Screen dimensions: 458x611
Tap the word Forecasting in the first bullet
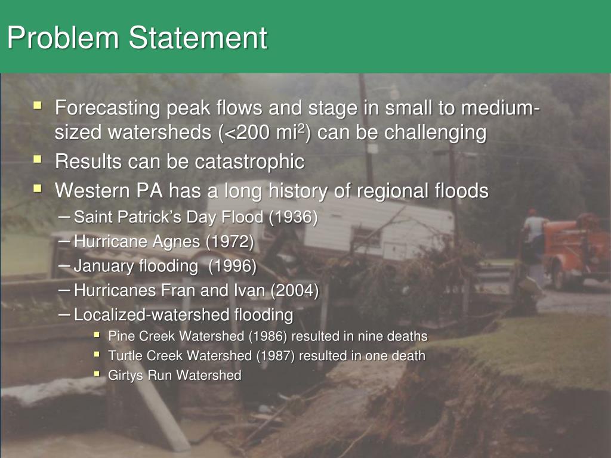pyautogui.click(x=108, y=109)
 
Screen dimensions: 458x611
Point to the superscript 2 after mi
pyautogui.click(x=303, y=127)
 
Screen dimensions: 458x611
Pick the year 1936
pyautogui.click(x=292, y=217)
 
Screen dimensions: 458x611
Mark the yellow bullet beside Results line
pyautogui.click(x=38, y=160)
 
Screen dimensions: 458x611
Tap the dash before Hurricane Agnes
pyautogui.click(x=66, y=241)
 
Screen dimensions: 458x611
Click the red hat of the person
pyautogui.click(x=532, y=212)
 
